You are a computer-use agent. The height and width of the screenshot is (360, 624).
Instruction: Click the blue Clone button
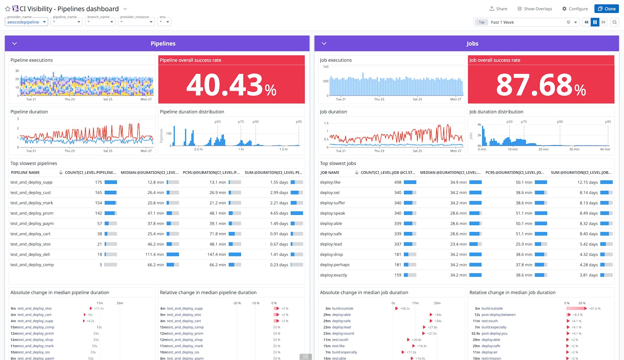(x=606, y=9)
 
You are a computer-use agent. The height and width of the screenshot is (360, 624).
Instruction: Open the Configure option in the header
(x=575, y=9)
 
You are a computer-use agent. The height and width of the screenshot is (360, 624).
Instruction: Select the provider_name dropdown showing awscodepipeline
(x=27, y=22)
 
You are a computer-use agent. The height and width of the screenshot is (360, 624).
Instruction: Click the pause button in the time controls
(x=595, y=22)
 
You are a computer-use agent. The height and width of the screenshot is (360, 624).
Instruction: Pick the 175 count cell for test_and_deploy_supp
(x=98, y=182)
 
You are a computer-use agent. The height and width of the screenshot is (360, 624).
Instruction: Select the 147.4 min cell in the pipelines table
(x=217, y=255)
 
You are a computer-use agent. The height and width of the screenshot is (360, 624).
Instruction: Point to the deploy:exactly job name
(x=333, y=275)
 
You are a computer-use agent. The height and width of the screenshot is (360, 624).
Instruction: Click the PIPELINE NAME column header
(x=25, y=172)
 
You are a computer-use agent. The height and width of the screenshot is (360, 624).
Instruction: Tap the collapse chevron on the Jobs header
(x=324, y=43)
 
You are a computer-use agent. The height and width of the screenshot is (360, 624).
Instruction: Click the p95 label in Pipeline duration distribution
(x=299, y=122)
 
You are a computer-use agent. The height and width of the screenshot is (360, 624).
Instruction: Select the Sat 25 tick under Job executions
(x=417, y=99)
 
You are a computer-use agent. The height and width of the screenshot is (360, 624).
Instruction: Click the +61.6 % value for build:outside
(x=595, y=308)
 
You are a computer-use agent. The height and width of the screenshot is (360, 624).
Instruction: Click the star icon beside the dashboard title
(x=7, y=9)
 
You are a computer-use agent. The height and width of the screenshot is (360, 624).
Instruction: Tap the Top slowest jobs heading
(x=338, y=163)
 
